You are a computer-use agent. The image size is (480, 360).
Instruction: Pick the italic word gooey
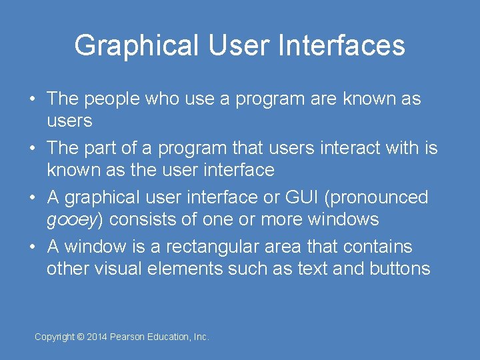click(72, 220)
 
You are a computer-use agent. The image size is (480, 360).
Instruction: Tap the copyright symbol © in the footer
click(81, 337)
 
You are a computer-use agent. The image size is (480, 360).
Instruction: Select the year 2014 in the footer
click(97, 337)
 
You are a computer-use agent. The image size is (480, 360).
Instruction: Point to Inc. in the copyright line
click(201, 337)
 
